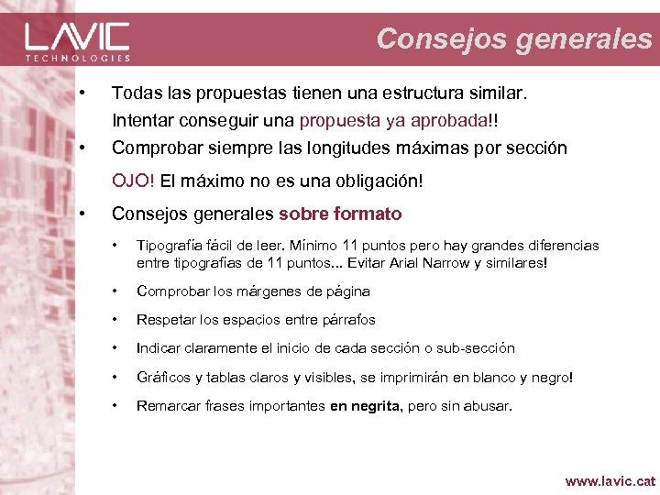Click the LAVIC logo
pyautogui.click(x=77, y=37)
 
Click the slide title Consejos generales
pyautogui.click(x=514, y=38)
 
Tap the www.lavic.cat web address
pyautogui.click(x=610, y=479)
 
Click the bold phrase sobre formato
pyautogui.click(x=340, y=214)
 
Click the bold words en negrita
pyautogui.click(x=365, y=405)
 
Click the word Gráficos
pyautogui.click(x=162, y=377)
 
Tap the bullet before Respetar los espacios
pyautogui.click(x=115, y=320)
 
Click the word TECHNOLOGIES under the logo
pyautogui.click(x=77, y=57)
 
